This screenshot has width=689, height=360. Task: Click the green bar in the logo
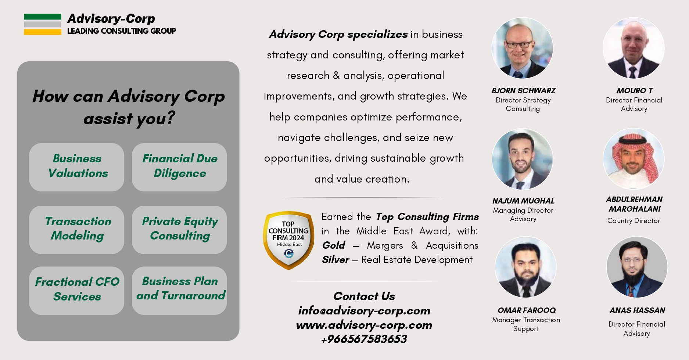click(42, 17)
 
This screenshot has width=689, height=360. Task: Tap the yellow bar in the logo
click(42, 32)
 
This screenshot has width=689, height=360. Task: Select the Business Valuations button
click(77, 167)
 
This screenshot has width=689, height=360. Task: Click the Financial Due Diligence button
click(179, 167)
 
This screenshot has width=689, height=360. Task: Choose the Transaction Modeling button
click(77, 230)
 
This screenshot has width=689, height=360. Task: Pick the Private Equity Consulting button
click(179, 230)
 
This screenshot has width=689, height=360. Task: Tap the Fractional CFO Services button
click(77, 291)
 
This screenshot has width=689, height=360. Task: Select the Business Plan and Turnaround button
click(179, 291)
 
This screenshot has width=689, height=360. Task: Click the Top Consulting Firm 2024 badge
click(288, 240)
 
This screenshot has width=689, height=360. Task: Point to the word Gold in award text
click(334, 245)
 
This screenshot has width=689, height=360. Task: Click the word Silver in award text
click(335, 260)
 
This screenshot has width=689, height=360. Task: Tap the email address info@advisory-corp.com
click(364, 311)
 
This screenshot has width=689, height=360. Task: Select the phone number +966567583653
click(364, 339)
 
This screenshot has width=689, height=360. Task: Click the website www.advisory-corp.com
click(364, 325)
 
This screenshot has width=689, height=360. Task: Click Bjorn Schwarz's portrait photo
click(522, 48)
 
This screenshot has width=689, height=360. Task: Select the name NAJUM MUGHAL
click(523, 201)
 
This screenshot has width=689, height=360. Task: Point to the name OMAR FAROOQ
click(526, 310)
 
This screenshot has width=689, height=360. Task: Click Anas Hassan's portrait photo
click(636, 267)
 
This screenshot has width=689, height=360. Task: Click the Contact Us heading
click(364, 296)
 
